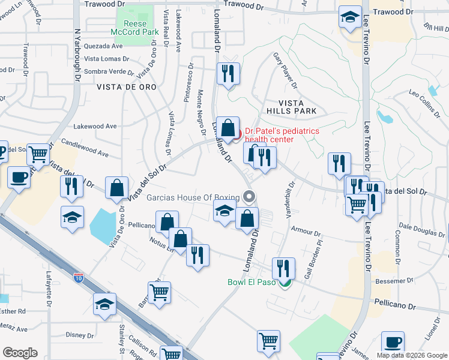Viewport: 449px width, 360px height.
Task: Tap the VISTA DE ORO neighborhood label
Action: coord(127,87)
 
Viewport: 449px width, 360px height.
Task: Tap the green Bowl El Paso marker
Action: coord(286,283)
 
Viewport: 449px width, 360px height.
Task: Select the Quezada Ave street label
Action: coord(103,46)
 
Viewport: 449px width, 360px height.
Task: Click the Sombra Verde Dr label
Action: coord(109,71)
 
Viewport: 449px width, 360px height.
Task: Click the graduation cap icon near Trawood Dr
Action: coord(349,17)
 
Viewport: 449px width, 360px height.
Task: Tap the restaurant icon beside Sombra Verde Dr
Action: coord(228,74)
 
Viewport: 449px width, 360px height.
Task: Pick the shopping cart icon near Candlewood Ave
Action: coord(38,154)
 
